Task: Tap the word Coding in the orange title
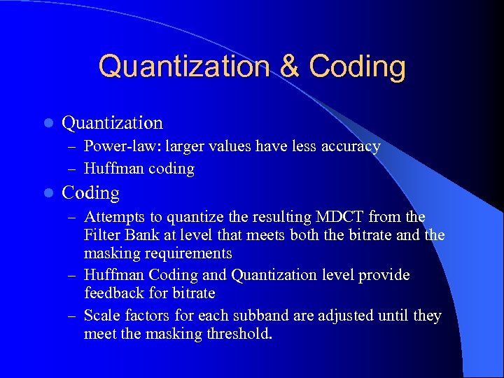[x=357, y=67]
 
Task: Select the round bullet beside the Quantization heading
[x=48, y=123]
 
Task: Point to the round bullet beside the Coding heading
[x=48, y=193]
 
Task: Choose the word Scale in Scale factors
[x=100, y=316]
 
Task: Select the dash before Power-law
[x=72, y=147]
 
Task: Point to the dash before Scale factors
[x=72, y=316]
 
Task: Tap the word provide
[x=384, y=275]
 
